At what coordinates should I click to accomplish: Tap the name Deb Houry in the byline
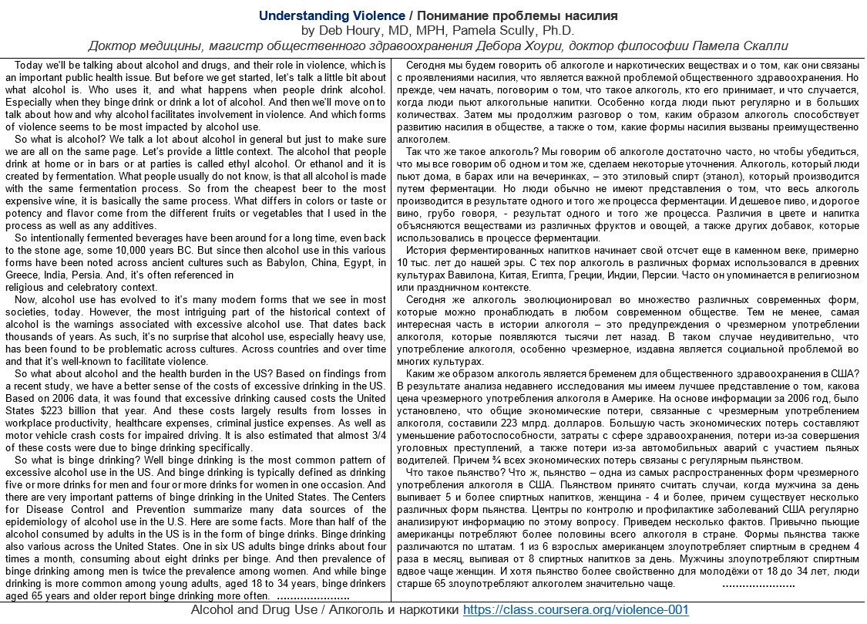pyautogui.click(x=351, y=31)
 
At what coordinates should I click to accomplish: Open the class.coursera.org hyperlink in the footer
pyautogui.click(x=576, y=610)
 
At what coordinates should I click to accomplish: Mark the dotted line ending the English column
pyautogui.click(x=312, y=597)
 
